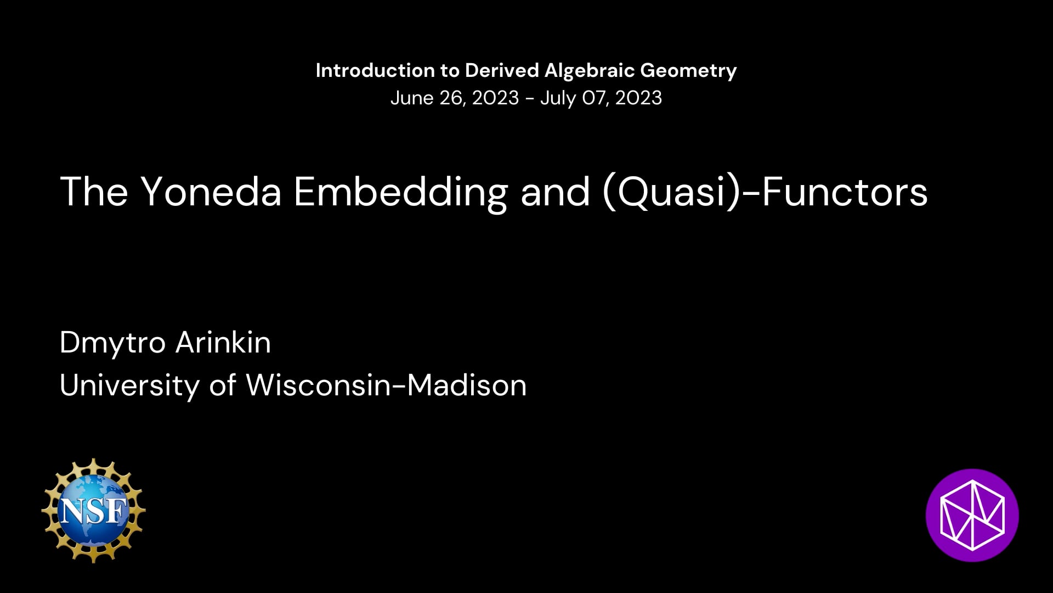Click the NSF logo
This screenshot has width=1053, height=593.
coord(93,511)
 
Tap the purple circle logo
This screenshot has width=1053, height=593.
coord(972,515)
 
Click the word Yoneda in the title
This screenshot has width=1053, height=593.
coord(211,192)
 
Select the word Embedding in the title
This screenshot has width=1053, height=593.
coord(401,193)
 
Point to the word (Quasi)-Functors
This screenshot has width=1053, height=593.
coord(765,193)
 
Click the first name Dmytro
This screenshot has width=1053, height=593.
coord(112,344)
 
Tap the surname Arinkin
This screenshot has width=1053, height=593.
coord(223,343)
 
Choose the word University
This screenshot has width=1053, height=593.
coord(129,385)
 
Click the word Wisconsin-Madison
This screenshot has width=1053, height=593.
coord(386,385)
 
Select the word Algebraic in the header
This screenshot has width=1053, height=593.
coord(590,70)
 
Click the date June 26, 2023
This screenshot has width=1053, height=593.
coord(455,98)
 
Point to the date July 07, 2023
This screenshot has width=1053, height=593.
coord(601,98)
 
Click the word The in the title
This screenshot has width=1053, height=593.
coord(94,192)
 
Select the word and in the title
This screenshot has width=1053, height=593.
coord(555,192)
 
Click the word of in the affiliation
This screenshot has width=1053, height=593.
coord(223,385)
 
